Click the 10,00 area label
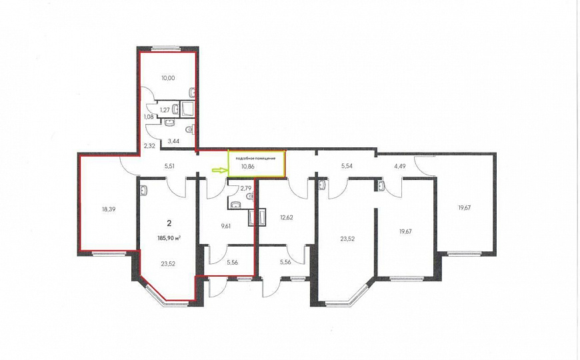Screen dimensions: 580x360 (x=168, y=78)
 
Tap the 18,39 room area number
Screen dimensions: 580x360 (x=109, y=209)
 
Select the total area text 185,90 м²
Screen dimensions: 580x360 (x=171, y=238)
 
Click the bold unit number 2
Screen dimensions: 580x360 (x=169, y=223)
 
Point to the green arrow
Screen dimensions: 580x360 (x=219, y=170)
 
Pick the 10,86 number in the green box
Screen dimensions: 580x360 (x=247, y=167)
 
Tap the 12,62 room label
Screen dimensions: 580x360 (x=287, y=217)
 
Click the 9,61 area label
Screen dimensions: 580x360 (x=225, y=226)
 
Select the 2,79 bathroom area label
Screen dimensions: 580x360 (x=245, y=188)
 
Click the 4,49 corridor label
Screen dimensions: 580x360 (x=400, y=166)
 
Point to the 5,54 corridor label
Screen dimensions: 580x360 (x=347, y=166)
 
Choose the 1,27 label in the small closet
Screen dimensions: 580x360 (x=165, y=110)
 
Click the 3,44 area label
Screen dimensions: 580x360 (x=173, y=141)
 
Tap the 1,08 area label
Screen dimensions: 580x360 (x=148, y=117)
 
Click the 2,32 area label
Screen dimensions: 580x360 (x=149, y=146)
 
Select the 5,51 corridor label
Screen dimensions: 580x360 (x=169, y=166)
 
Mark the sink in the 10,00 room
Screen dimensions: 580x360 (x=192, y=91)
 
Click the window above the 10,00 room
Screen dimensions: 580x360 (x=166, y=48)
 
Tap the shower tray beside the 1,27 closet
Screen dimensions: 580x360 (x=187, y=109)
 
